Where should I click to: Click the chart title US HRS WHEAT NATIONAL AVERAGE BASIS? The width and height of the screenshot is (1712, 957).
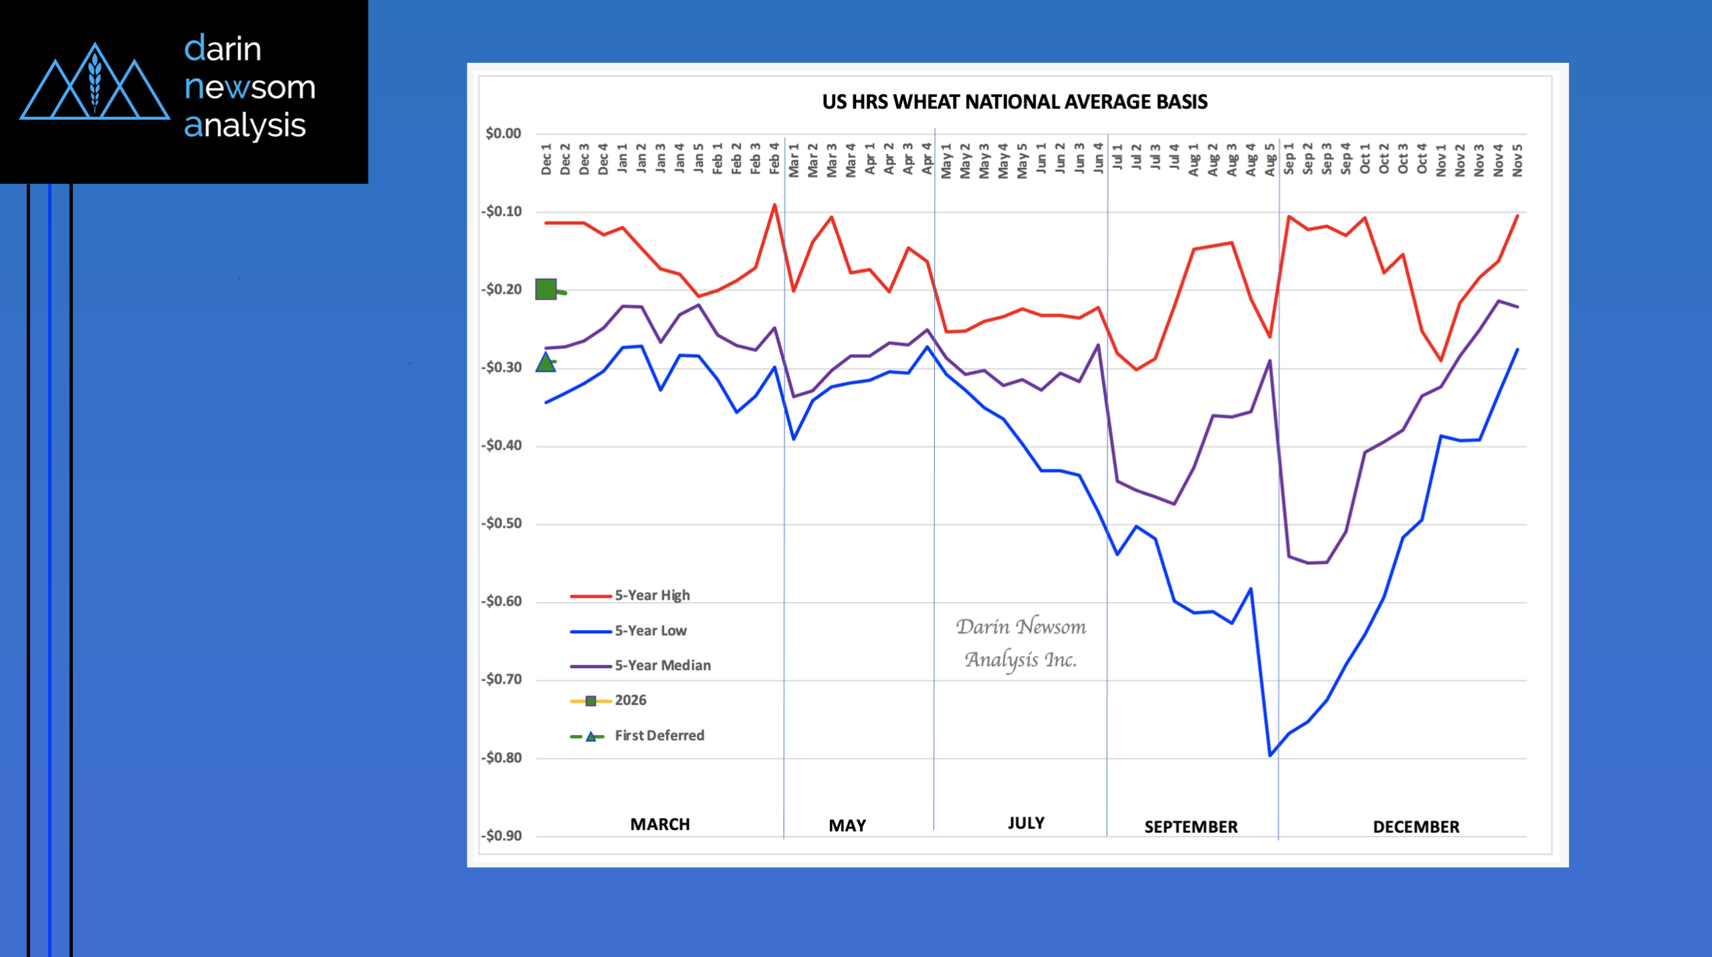(x=1014, y=102)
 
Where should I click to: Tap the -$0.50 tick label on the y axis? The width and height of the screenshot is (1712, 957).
(x=502, y=523)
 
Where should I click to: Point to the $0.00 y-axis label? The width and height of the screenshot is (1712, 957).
(x=503, y=133)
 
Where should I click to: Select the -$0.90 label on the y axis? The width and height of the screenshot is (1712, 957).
(x=502, y=835)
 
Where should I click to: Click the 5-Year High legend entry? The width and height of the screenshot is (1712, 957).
(x=652, y=595)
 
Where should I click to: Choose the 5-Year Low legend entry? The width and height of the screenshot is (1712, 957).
(x=650, y=631)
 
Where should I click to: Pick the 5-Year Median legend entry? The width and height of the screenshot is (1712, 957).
(x=662, y=665)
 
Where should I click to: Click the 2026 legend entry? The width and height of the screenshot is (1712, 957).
(x=630, y=700)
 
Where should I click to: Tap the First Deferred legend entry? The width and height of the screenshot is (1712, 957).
(x=659, y=736)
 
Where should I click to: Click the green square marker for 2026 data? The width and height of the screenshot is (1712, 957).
(x=546, y=289)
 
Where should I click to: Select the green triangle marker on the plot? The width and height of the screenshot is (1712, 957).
(x=546, y=362)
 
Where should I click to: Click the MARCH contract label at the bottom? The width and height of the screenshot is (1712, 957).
(x=660, y=824)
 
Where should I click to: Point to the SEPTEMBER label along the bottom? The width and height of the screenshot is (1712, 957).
(x=1190, y=827)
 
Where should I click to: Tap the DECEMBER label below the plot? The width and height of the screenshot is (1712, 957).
(x=1416, y=827)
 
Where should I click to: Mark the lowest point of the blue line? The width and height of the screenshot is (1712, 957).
(x=1270, y=756)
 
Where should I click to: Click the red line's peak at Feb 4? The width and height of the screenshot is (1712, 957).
(x=774, y=205)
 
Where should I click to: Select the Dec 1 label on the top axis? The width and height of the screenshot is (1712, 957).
(x=546, y=159)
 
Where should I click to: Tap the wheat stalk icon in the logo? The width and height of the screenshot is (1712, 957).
(x=95, y=82)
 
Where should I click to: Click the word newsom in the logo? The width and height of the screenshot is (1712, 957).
(x=249, y=87)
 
